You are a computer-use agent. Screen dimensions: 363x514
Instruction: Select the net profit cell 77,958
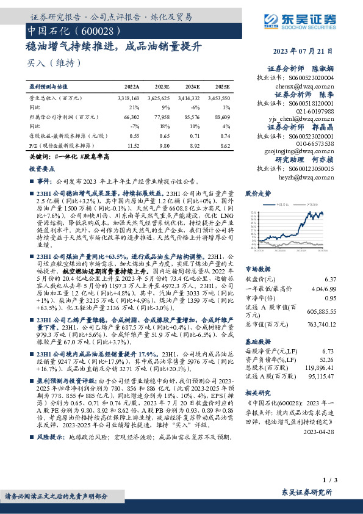(160, 116)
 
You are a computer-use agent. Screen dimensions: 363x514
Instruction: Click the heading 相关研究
(257, 393)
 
